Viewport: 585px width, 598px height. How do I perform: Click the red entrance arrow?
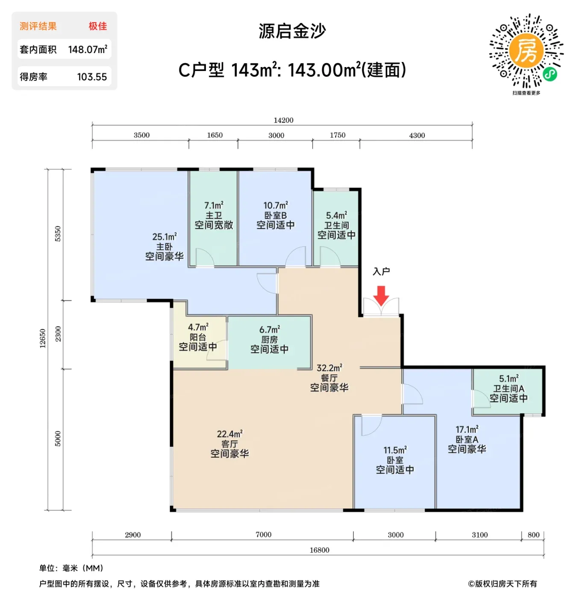point(381,296)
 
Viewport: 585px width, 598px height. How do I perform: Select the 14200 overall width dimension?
point(283,120)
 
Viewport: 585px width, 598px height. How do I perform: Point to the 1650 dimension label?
point(215,135)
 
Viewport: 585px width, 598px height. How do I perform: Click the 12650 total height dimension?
point(42,338)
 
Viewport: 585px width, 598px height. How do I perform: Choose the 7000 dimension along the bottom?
point(264,534)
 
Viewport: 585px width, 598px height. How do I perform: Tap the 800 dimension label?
point(533,535)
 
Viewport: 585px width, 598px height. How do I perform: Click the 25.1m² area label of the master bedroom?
point(165,237)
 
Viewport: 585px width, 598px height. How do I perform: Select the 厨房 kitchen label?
point(269,340)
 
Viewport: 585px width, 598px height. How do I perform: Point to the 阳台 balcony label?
point(198,337)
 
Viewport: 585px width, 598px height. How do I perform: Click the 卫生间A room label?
point(509,388)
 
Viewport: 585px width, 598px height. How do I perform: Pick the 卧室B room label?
point(276,215)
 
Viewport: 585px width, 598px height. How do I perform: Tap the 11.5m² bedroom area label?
point(395,450)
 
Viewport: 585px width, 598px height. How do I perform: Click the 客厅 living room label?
point(229,444)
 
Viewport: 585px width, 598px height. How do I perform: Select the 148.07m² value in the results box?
point(88,49)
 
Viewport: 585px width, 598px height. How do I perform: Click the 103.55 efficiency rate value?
point(92,77)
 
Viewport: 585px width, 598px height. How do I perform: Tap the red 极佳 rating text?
point(98,26)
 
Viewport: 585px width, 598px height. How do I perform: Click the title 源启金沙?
point(292,31)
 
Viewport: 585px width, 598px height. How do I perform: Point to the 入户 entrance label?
point(381,271)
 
